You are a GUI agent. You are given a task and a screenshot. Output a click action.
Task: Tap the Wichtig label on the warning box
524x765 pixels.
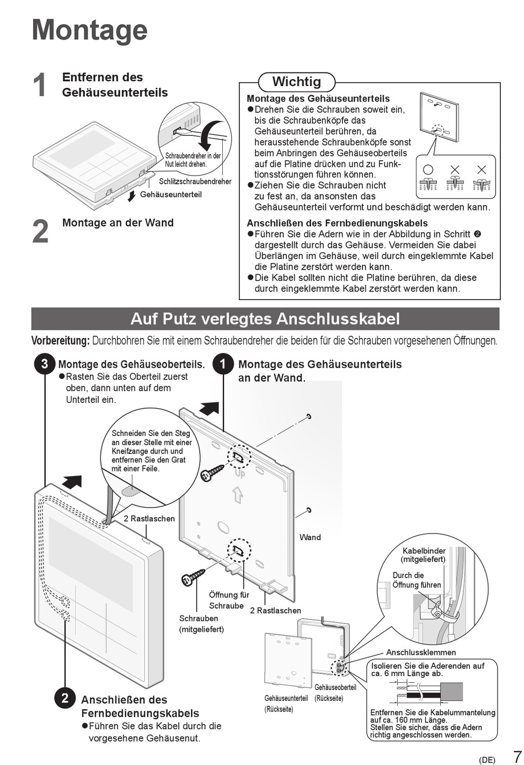tap(296, 82)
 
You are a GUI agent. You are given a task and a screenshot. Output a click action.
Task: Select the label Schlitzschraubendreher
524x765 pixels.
tap(195, 181)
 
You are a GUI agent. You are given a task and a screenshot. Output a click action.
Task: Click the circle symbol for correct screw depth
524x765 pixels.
tap(428, 170)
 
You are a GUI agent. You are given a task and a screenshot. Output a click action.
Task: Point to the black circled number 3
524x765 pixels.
tap(44, 364)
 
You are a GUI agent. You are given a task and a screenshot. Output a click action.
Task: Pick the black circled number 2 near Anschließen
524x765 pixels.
tap(65, 698)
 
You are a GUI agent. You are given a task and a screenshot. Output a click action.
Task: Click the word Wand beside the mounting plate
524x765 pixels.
tap(310, 537)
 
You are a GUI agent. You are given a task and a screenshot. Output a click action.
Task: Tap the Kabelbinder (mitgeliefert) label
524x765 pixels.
tap(424, 555)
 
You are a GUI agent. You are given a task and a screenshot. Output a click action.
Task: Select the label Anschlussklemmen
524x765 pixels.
tap(421, 652)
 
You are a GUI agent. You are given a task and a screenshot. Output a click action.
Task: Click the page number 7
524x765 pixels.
tap(517, 756)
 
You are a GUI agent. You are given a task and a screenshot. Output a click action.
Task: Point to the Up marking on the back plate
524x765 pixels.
tap(239, 474)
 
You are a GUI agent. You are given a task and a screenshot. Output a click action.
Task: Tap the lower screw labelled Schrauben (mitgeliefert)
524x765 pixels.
tap(193, 576)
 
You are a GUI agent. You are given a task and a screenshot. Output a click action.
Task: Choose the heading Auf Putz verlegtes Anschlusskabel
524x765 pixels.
tap(265, 319)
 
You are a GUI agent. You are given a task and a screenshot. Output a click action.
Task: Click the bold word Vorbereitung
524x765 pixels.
tap(60, 340)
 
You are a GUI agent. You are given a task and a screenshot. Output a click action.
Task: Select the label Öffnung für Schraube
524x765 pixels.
tap(229, 600)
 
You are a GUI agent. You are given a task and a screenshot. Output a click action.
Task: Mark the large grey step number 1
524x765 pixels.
tap(40, 85)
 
